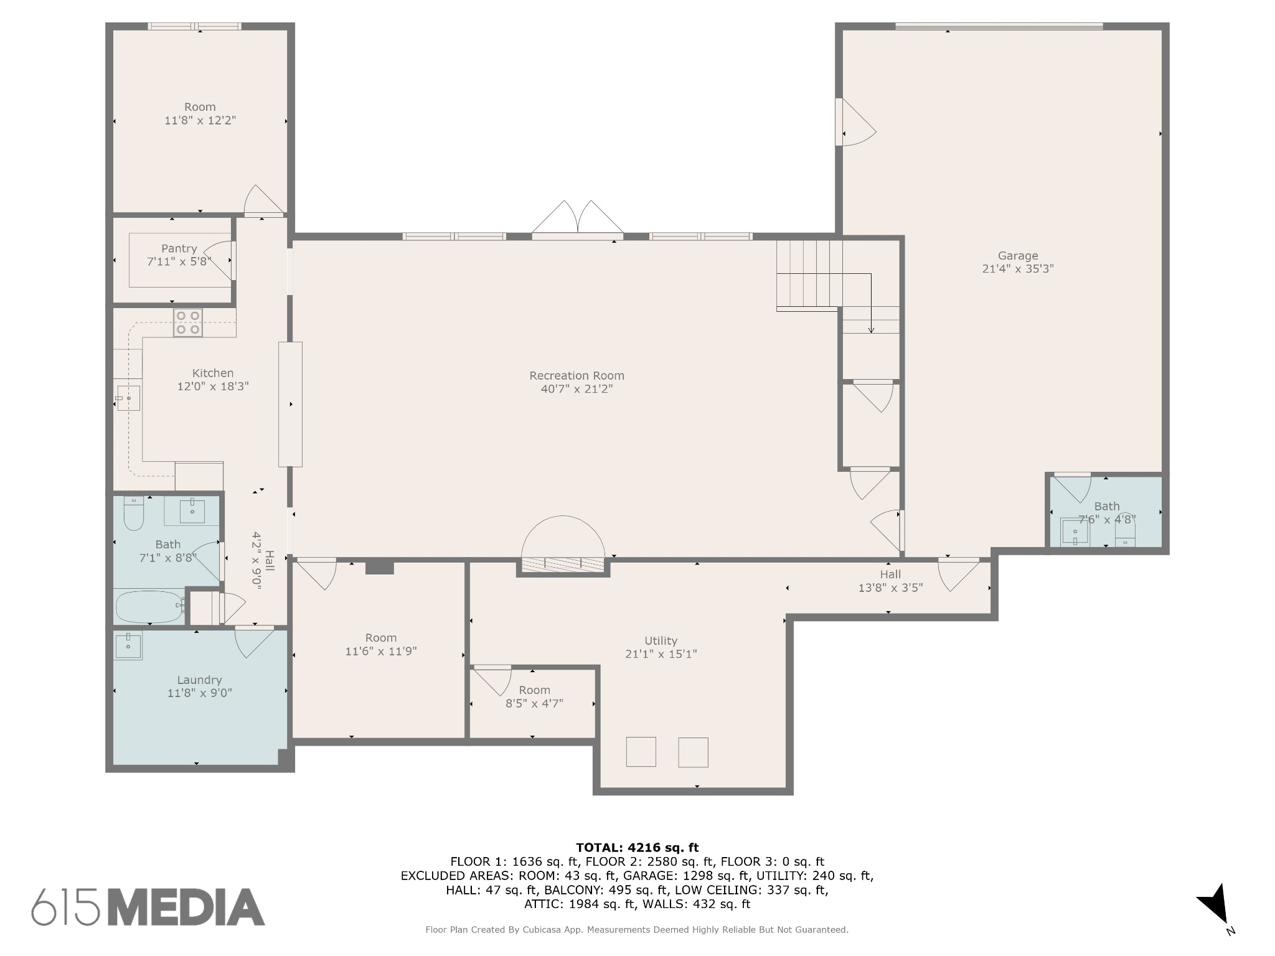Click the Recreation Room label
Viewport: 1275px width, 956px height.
576,375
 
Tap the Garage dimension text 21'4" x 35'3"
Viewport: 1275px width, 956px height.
1018,269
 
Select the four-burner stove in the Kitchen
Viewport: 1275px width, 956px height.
187,322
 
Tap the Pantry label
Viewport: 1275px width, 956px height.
179,249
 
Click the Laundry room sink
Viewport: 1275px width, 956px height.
128,645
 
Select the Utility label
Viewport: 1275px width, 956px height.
661,640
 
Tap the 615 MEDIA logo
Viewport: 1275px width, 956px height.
148,906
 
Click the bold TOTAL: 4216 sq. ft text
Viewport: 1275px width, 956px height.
637,847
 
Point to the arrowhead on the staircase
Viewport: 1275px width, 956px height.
871,330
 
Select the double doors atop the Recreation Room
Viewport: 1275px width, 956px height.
577,220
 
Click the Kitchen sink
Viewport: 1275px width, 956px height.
128,398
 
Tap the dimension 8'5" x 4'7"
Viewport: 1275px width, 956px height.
534,703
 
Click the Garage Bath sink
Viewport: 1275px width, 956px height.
1075,533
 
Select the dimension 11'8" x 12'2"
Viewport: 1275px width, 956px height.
200,120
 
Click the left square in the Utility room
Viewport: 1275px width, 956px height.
641,752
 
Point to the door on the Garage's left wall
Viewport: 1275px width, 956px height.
856,122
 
